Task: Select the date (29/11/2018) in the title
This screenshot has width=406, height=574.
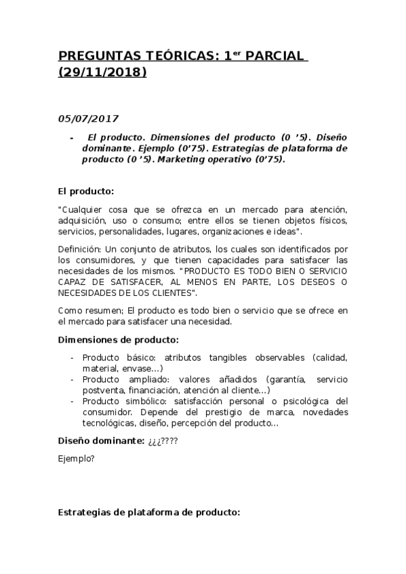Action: point(102,71)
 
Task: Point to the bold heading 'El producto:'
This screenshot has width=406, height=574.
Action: point(86,192)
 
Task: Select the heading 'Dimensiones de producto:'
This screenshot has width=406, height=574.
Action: point(118,339)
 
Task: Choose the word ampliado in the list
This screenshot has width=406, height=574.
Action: point(146,379)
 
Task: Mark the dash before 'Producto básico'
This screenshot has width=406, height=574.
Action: point(73,357)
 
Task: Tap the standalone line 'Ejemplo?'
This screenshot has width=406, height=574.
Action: point(76,459)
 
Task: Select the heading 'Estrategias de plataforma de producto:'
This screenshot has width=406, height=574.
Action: point(149,512)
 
